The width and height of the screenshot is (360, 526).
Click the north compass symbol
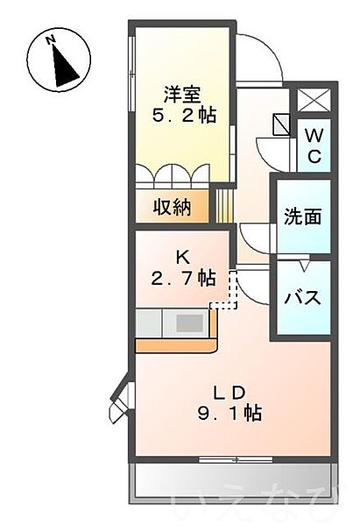(x=57, y=59)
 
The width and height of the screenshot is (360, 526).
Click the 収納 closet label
(x=172, y=208)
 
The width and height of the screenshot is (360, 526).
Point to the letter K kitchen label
(x=182, y=257)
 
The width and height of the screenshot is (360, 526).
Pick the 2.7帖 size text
(x=182, y=278)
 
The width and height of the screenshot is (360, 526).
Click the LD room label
(x=231, y=391)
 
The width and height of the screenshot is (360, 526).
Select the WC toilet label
(x=314, y=146)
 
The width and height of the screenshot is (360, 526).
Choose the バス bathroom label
(x=300, y=295)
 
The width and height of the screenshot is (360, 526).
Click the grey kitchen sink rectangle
(x=189, y=323)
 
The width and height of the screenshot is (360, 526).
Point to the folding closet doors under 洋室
(x=173, y=175)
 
